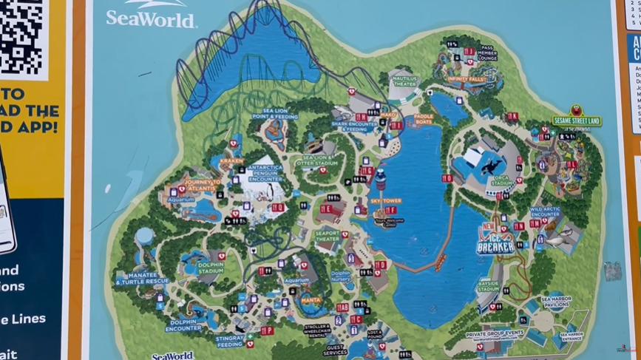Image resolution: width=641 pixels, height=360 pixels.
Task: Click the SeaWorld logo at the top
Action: point(150,16)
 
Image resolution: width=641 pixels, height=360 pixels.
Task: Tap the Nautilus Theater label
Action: point(404,81)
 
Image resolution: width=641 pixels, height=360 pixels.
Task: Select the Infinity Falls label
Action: point(466,78)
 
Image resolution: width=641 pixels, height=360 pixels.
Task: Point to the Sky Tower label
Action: point(387,201)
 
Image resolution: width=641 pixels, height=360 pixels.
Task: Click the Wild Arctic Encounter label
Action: point(546,213)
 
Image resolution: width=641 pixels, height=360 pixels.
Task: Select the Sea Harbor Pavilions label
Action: point(556,302)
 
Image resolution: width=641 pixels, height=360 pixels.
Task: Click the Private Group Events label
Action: point(494,334)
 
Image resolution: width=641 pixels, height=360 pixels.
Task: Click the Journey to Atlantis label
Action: point(202,185)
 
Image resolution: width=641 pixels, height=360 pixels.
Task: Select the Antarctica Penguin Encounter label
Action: point(265,173)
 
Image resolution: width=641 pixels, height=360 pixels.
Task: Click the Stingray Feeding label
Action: point(229,341)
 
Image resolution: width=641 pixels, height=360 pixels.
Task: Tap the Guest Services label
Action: point(335,350)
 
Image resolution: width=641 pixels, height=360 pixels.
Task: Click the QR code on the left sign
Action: point(21,34)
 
